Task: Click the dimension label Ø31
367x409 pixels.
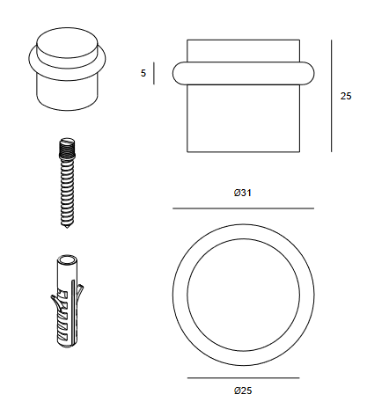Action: [x=243, y=193]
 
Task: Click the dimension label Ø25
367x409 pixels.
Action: [x=243, y=391]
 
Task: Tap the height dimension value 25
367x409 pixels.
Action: [x=346, y=96]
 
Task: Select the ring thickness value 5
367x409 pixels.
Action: [x=143, y=73]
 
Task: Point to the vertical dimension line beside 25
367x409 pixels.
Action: [x=332, y=96]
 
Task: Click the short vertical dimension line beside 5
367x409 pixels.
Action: [x=154, y=73]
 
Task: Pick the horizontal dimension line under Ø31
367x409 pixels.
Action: [x=243, y=208]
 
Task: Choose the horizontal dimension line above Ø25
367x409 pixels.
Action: [x=243, y=378]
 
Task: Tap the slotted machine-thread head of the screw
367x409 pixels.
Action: [x=67, y=145]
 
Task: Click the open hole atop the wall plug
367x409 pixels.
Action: [x=67, y=260]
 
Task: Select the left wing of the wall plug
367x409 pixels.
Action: [x=55, y=303]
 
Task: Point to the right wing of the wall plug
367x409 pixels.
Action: [x=80, y=292]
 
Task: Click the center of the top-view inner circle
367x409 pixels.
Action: [x=244, y=295]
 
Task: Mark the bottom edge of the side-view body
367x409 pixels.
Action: [x=243, y=151]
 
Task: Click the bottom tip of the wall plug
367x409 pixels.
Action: [x=67, y=347]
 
